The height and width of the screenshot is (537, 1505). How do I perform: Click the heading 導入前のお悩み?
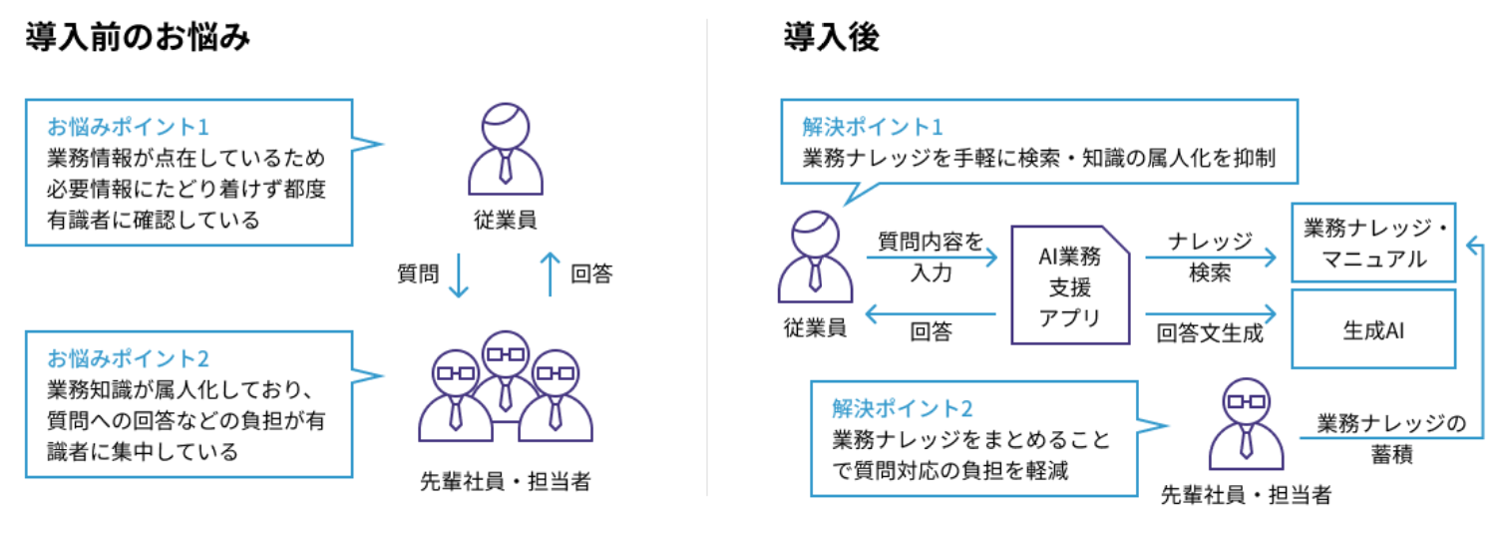(x=137, y=39)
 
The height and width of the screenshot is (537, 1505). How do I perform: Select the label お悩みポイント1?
(x=128, y=128)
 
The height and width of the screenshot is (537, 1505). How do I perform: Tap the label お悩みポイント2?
(x=128, y=357)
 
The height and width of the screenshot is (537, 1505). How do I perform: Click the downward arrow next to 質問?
(x=458, y=273)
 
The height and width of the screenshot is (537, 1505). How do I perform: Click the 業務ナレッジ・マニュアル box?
(x=1373, y=243)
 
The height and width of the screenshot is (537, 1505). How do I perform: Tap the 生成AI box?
(x=1373, y=329)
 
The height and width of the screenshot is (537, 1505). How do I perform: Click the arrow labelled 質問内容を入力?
(x=932, y=260)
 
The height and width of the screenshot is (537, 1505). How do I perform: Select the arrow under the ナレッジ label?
(x=1210, y=260)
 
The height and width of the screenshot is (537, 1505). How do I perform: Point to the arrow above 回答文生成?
(x=1210, y=313)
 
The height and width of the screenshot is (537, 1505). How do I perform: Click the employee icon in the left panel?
(x=507, y=150)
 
